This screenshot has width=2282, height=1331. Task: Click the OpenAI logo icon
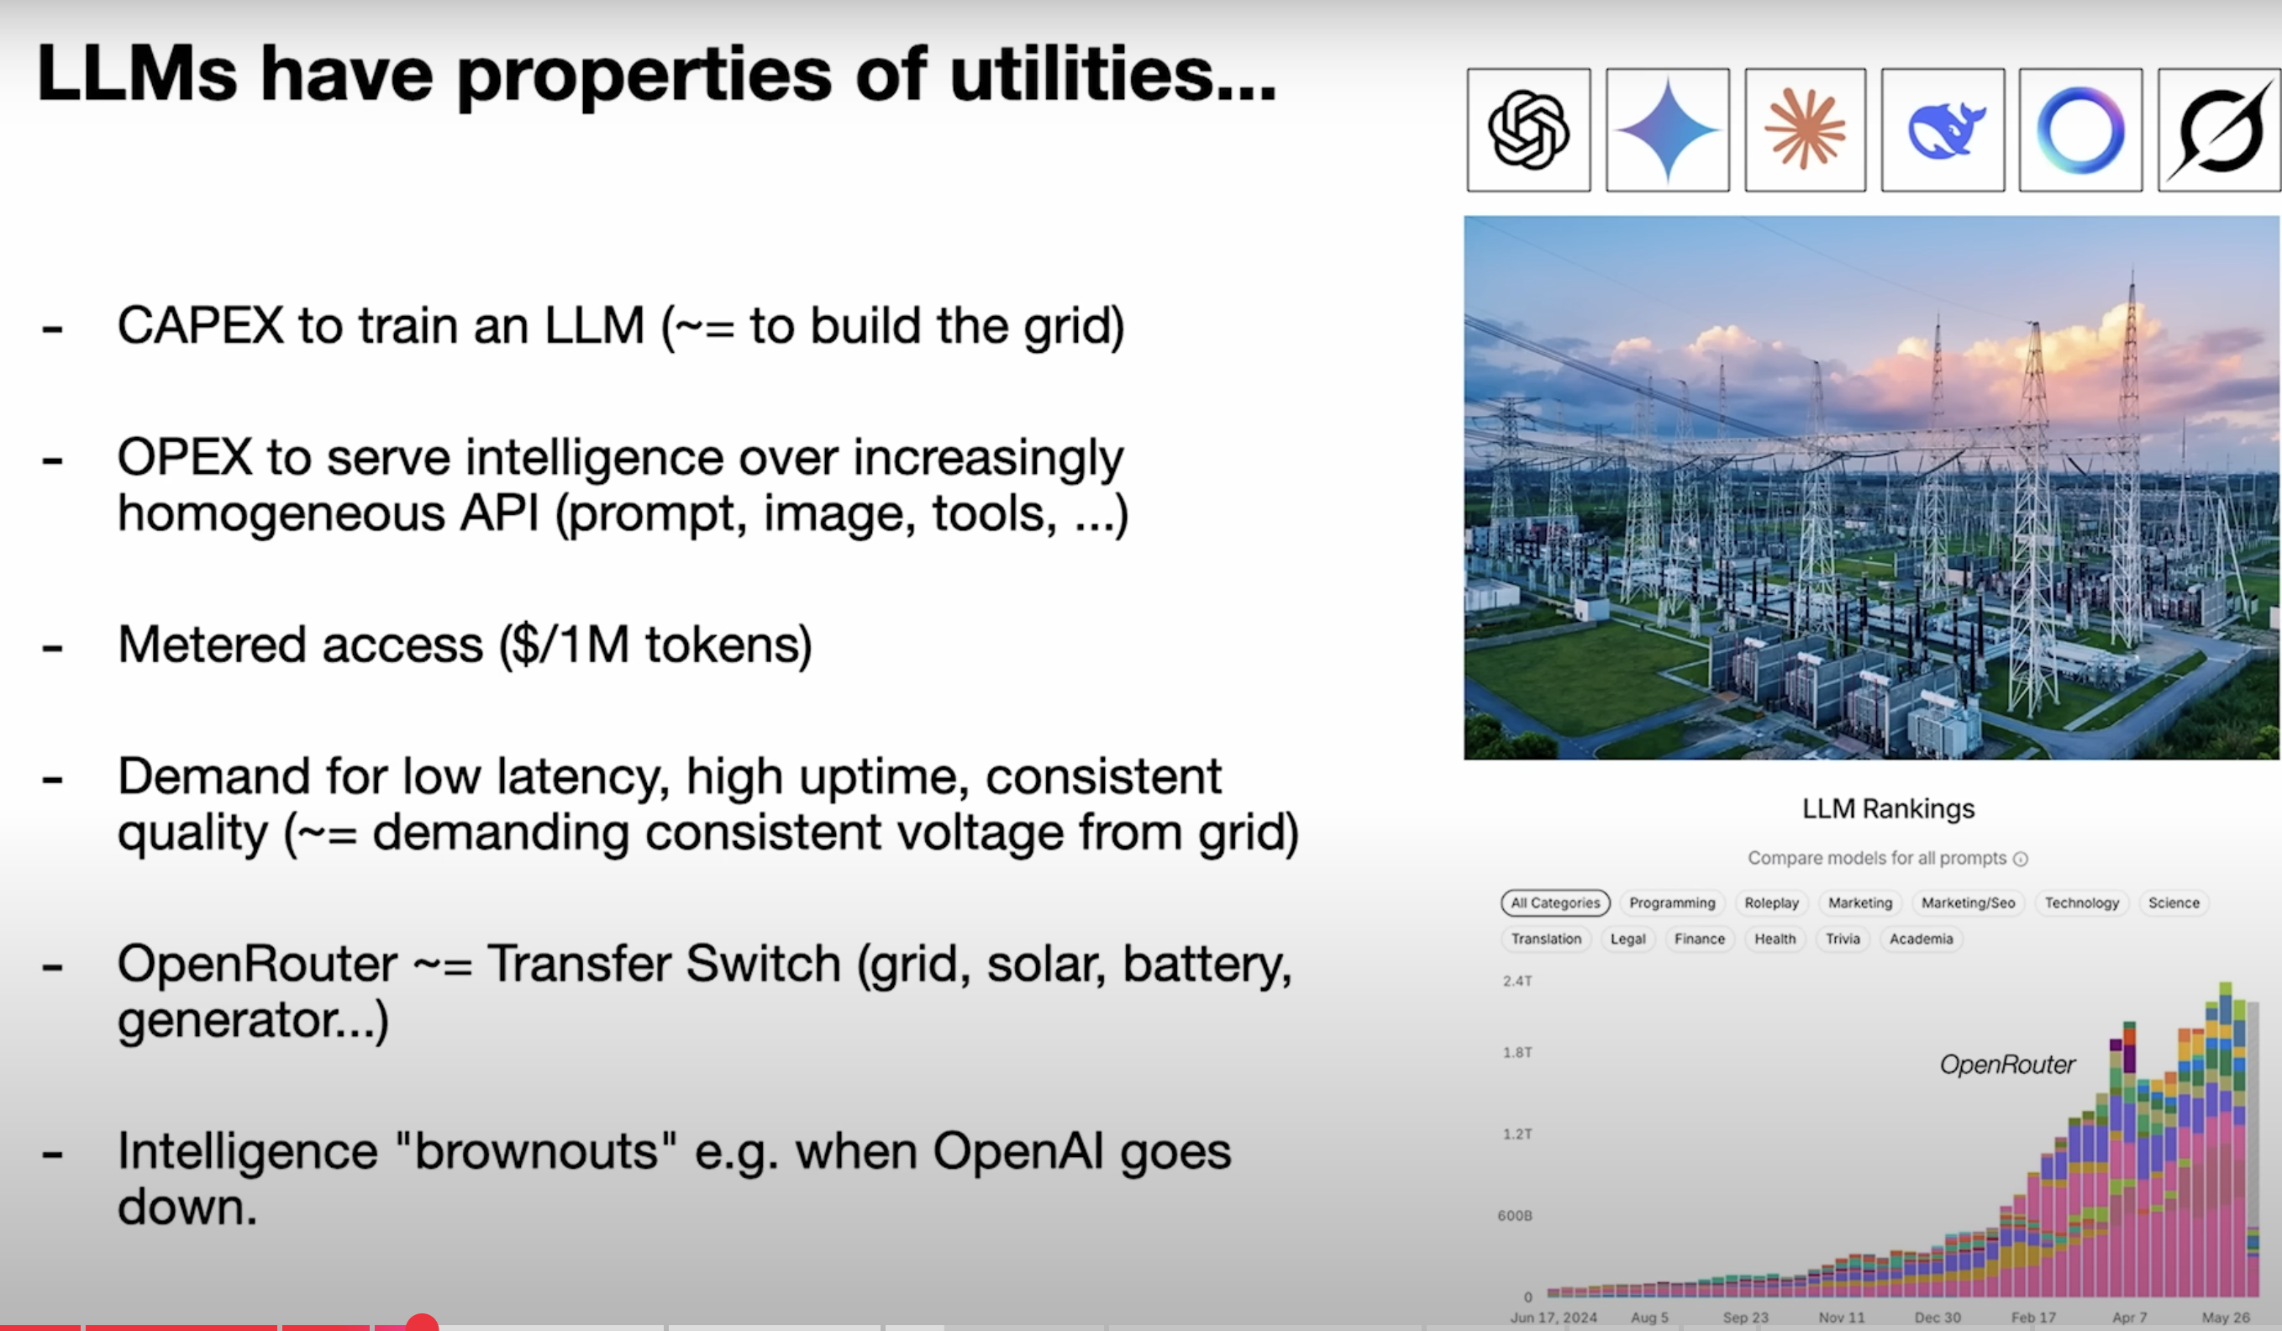(x=1528, y=130)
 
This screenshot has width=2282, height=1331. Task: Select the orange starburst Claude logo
(x=1805, y=129)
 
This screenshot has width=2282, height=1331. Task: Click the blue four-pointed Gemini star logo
(x=1668, y=130)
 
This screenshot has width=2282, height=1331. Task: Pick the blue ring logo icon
(x=2081, y=130)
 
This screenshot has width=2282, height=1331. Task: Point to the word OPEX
(x=185, y=456)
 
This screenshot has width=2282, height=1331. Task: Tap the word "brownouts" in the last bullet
(x=536, y=1151)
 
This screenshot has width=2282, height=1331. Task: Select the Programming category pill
(x=1672, y=902)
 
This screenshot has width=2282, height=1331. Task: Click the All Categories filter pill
(x=1555, y=902)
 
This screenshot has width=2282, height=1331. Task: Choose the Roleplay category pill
(x=1771, y=902)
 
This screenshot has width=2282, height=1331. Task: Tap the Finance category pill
(x=1699, y=939)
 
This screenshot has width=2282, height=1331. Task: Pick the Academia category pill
(x=1921, y=939)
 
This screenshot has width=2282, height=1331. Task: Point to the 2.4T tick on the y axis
(x=1517, y=981)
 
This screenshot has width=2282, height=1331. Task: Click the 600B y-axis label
(x=1515, y=1215)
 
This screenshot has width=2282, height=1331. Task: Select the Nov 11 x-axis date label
(x=1842, y=1318)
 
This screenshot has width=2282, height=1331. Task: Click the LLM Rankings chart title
(x=1888, y=808)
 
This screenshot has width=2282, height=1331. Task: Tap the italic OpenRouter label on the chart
(x=2006, y=1065)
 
